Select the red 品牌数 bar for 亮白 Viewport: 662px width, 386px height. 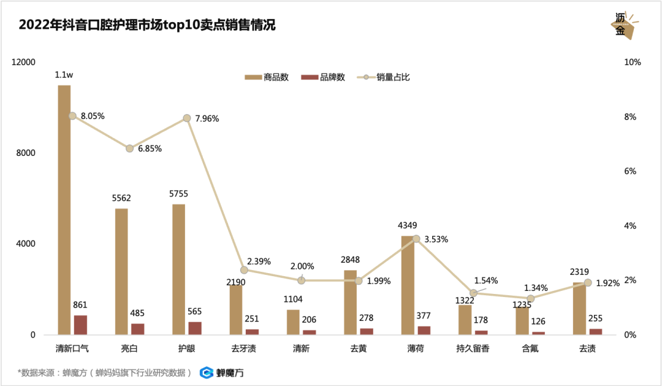(x=138, y=329)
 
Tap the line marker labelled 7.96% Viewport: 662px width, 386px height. (x=187, y=118)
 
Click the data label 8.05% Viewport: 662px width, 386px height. (x=93, y=116)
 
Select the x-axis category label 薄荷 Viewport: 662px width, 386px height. (x=415, y=349)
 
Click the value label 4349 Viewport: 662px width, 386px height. (x=409, y=226)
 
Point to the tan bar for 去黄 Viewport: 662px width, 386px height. (x=351, y=303)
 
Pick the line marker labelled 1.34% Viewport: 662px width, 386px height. (x=530, y=298)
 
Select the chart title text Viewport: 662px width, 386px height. (x=147, y=25)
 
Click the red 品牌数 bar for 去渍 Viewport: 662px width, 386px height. (x=595, y=331)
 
